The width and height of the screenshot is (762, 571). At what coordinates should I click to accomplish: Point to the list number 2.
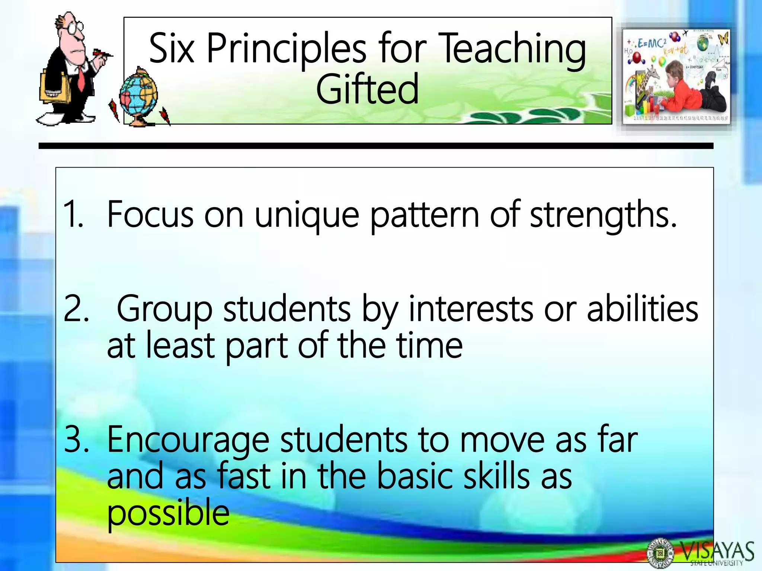click(76, 309)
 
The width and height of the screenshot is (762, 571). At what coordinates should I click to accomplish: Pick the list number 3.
click(76, 439)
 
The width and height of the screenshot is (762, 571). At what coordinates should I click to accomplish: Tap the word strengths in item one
click(603, 215)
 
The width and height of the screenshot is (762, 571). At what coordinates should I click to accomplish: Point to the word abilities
click(643, 309)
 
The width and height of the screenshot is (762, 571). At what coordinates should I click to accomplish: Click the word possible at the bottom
click(168, 513)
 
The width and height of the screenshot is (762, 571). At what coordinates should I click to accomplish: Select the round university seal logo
click(660, 553)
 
